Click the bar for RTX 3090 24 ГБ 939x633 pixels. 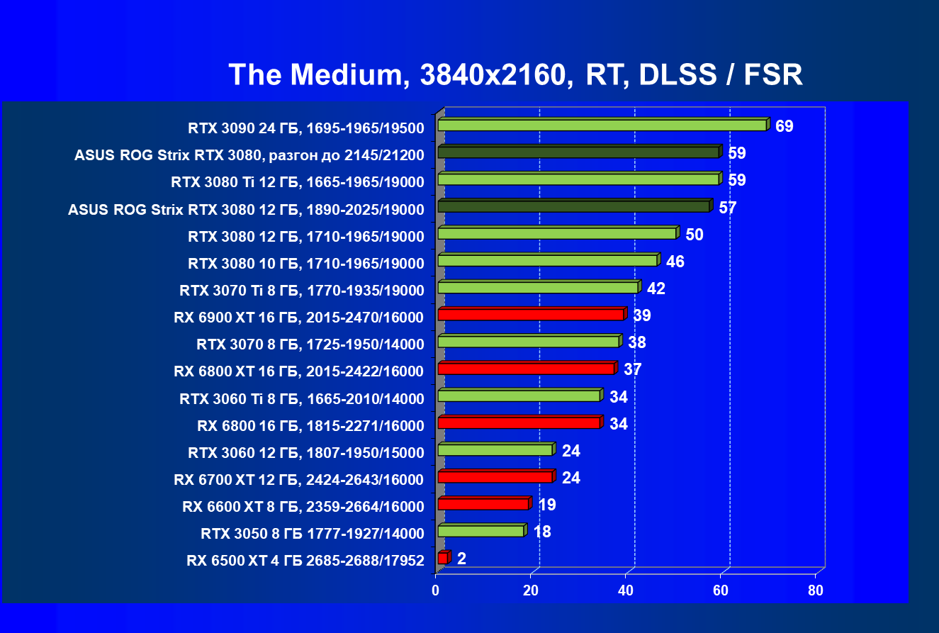[602, 125]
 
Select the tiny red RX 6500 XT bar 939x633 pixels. [443, 559]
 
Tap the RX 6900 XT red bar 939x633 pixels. [531, 315]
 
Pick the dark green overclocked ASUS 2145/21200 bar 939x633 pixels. [578, 152]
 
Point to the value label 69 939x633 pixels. [785, 126]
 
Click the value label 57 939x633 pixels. [728, 208]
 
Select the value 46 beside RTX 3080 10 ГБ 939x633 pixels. [675, 262]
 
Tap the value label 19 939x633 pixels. [546, 505]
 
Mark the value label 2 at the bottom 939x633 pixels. [461, 559]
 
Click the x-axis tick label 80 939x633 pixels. [816, 591]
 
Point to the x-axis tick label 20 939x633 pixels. [531, 591]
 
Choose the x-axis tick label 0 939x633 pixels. [436, 591]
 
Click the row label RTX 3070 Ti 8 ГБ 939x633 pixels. [302, 290]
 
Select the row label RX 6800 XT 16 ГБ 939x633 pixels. [298, 371]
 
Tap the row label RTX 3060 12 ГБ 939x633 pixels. [305, 452]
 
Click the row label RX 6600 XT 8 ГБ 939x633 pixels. [303, 506]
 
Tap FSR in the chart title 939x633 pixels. [773, 74]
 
